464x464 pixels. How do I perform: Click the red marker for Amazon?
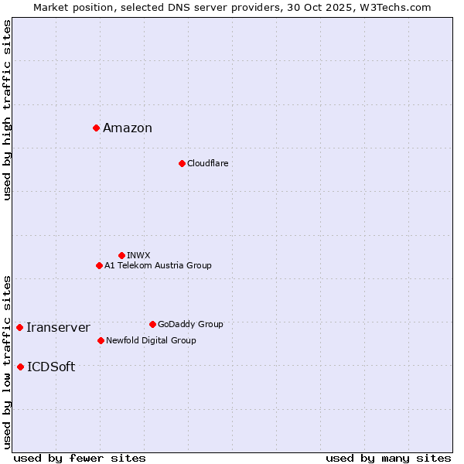click(x=96, y=128)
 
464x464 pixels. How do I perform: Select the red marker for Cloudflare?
click(x=182, y=163)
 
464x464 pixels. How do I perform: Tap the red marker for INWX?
click(x=121, y=255)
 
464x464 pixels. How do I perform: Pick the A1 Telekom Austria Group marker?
click(x=99, y=265)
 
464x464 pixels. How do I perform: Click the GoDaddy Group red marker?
click(x=152, y=324)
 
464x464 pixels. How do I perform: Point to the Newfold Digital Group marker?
click(x=101, y=340)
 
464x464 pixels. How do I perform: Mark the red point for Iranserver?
click(x=19, y=327)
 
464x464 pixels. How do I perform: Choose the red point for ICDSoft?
click(x=20, y=367)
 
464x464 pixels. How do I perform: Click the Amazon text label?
click(x=128, y=128)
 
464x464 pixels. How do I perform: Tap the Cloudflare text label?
click(x=207, y=163)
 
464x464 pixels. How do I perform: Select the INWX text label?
click(x=138, y=255)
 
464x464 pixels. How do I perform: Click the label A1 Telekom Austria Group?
click(x=158, y=265)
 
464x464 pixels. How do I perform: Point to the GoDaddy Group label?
click(x=190, y=324)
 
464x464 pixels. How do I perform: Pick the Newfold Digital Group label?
click(x=151, y=340)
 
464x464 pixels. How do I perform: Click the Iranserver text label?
click(x=58, y=328)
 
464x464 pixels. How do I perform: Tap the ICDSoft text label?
click(x=51, y=367)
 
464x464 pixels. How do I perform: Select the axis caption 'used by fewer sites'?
click(x=80, y=458)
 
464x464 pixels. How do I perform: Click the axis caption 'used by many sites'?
click(x=388, y=458)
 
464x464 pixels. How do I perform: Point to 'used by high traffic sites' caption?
click(x=7, y=110)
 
